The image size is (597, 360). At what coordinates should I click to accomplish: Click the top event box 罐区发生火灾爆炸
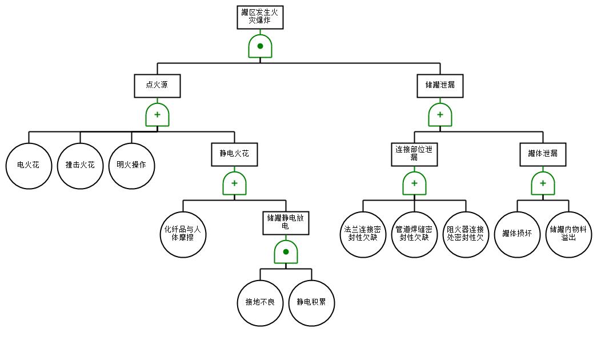pyautogui.click(x=260, y=17)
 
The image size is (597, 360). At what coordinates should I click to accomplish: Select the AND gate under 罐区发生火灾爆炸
pyautogui.click(x=260, y=46)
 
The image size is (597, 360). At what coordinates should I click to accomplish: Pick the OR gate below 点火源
pyautogui.click(x=157, y=115)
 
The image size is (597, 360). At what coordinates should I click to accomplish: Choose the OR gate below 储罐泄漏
pyautogui.click(x=440, y=115)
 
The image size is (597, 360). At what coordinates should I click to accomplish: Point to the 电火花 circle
pyautogui.click(x=29, y=166)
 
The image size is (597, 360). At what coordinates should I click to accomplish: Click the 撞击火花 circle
pyautogui.click(x=80, y=166)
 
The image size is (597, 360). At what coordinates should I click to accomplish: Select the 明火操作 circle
pyautogui.click(x=131, y=166)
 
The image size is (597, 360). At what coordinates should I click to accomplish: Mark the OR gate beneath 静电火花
pyautogui.click(x=234, y=183)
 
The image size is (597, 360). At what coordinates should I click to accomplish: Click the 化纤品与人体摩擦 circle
pyautogui.click(x=183, y=234)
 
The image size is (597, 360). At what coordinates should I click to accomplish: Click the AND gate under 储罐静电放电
pyautogui.click(x=286, y=252)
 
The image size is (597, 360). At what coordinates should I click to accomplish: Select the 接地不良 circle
pyautogui.click(x=260, y=303)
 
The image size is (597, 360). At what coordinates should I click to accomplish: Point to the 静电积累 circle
pyautogui.click(x=311, y=303)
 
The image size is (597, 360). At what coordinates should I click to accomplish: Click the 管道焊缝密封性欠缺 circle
pyautogui.click(x=414, y=234)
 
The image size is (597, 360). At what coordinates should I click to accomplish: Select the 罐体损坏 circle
pyautogui.click(x=517, y=234)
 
